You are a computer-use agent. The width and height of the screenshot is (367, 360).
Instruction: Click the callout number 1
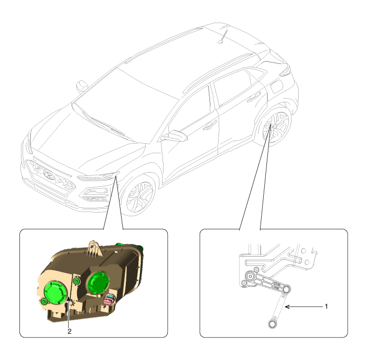pos(326,306)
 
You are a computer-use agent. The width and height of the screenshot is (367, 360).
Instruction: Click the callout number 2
pos(69,331)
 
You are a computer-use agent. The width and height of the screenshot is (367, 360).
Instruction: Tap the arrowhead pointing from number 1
pos(287,306)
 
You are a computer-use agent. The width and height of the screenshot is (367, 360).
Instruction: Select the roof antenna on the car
pos(223,37)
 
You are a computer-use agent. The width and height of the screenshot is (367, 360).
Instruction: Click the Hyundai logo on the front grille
pos(49,175)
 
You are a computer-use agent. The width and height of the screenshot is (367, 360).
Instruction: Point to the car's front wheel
pos(138,195)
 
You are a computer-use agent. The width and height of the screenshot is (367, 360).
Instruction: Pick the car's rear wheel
pos(276,127)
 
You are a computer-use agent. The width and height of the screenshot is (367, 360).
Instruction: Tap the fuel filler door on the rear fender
pos(276,86)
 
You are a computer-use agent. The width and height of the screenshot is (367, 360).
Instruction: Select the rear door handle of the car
pos(254,97)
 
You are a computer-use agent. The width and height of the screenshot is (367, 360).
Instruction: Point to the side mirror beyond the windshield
pos(82,86)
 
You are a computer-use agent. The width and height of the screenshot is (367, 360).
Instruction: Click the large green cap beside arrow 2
pos(56,293)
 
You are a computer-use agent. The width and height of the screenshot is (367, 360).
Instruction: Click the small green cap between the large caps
pos(77,281)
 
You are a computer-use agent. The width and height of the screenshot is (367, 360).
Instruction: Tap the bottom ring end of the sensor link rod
pos(273,324)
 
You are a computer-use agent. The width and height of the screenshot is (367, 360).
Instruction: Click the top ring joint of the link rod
pos(286,290)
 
